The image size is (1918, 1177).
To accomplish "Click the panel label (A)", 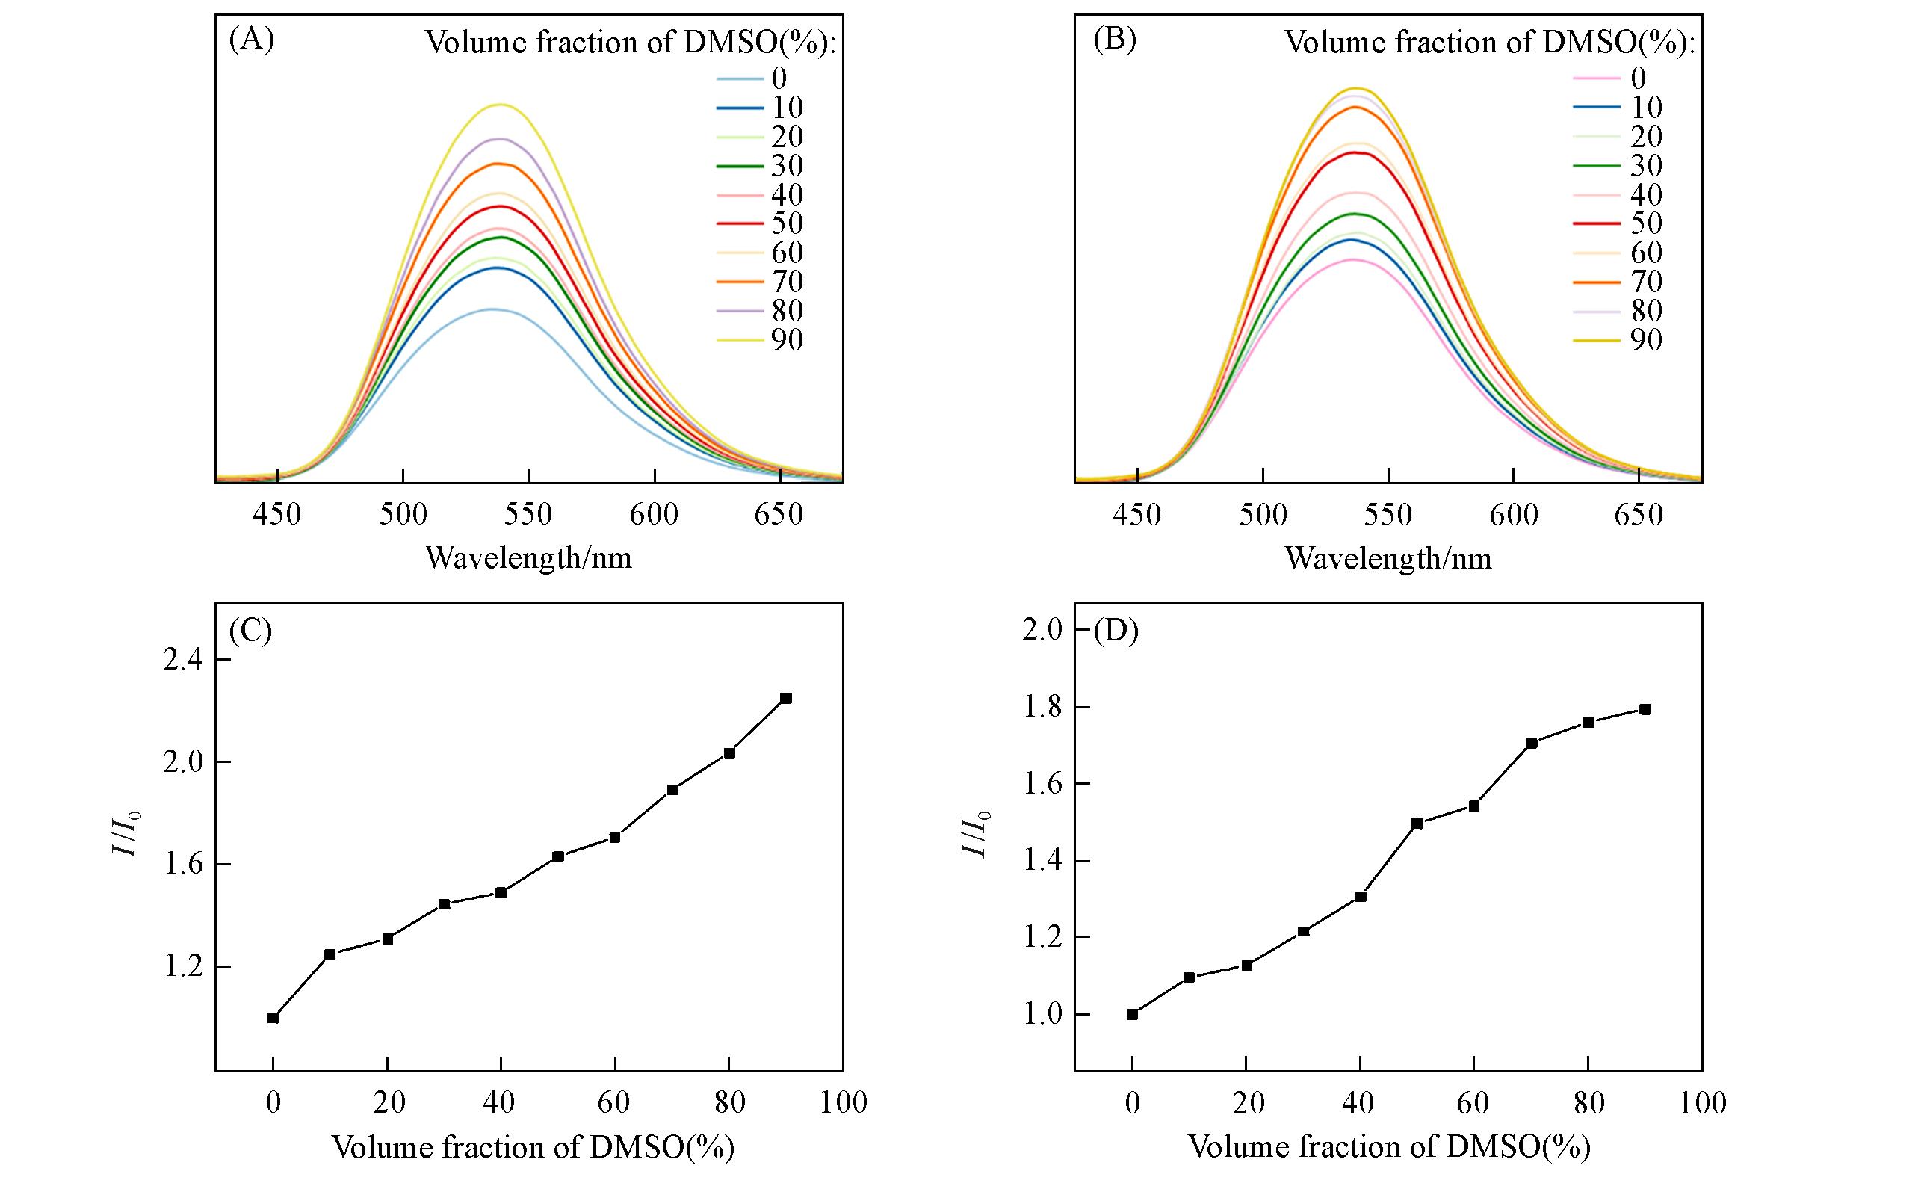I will [x=250, y=40].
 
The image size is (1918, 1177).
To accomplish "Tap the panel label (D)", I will [x=1116, y=631].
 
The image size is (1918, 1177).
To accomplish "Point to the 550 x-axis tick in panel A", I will [x=528, y=515].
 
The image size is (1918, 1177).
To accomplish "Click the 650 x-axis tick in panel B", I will [x=1639, y=515].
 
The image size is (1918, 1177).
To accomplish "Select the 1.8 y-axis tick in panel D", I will [x=1042, y=708].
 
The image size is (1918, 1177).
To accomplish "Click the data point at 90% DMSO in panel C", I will [x=786, y=698].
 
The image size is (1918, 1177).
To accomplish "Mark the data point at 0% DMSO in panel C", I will [x=273, y=1017].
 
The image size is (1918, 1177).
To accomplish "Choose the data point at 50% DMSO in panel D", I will [x=1417, y=823].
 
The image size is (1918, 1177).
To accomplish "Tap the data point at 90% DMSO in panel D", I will [x=1645, y=709].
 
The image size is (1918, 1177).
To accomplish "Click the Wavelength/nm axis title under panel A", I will [x=528, y=558].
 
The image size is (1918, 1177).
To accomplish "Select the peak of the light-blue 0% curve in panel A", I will [x=492, y=309].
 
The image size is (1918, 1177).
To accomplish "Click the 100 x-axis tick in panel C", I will [x=843, y=1103].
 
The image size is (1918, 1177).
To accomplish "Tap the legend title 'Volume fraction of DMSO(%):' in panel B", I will [x=1489, y=42].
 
